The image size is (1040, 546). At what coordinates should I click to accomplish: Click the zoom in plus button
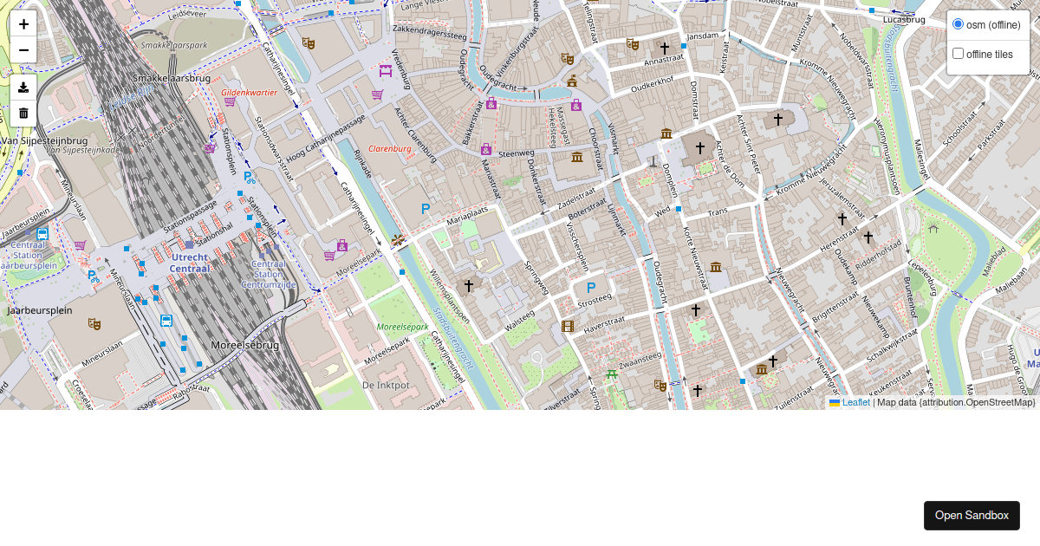pyautogui.click(x=23, y=24)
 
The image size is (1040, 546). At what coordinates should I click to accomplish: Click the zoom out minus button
pyautogui.click(x=23, y=50)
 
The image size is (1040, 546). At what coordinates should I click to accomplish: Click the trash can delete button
pyautogui.click(x=23, y=113)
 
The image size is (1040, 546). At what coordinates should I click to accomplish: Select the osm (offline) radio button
pyautogui.click(x=958, y=23)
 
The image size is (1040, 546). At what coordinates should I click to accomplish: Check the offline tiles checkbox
pyautogui.click(x=958, y=54)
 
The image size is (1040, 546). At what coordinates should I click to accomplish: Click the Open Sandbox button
pyautogui.click(x=971, y=516)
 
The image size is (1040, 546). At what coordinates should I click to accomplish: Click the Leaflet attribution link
pyautogui.click(x=855, y=402)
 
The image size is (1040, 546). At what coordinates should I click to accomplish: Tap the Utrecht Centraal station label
pyautogui.click(x=190, y=263)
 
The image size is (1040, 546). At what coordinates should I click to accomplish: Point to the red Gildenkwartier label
pyautogui.click(x=249, y=92)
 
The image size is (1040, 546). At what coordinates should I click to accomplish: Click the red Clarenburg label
pyautogui.click(x=389, y=148)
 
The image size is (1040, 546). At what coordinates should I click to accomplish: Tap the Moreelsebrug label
pyautogui.click(x=245, y=345)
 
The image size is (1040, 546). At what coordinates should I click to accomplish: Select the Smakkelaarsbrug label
pyautogui.click(x=172, y=78)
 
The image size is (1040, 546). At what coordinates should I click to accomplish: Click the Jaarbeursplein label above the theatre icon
pyautogui.click(x=40, y=309)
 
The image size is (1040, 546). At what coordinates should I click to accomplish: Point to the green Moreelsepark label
pyautogui.click(x=402, y=327)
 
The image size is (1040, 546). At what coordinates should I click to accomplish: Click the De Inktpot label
pyautogui.click(x=386, y=384)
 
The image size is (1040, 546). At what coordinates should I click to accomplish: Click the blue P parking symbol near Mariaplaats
pyautogui.click(x=426, y=209)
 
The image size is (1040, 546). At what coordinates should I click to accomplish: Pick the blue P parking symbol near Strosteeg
pyautogui.click(x=591, y=288)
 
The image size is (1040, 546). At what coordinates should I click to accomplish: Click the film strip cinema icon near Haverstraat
pyautogui.click(x=568, y=327)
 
